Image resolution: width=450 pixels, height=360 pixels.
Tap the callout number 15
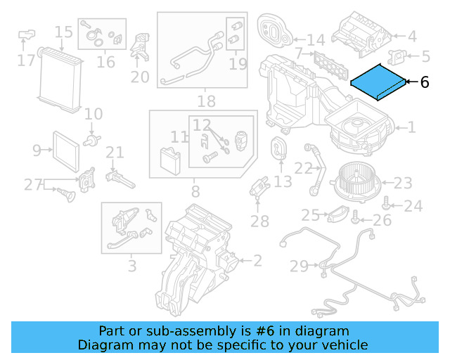[63, 32]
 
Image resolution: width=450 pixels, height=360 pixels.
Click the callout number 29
[299, 266]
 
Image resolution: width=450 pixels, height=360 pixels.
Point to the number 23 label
[403, 184]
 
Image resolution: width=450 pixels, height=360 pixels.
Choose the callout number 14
[316, 40]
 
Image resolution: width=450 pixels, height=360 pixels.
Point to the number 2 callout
[257, 262]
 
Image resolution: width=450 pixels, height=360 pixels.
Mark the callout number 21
[115, 152]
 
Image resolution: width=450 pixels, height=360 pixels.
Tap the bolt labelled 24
[387, 205]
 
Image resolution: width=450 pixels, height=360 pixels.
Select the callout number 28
[259, 222]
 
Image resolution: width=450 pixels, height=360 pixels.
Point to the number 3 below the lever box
[131, 266]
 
